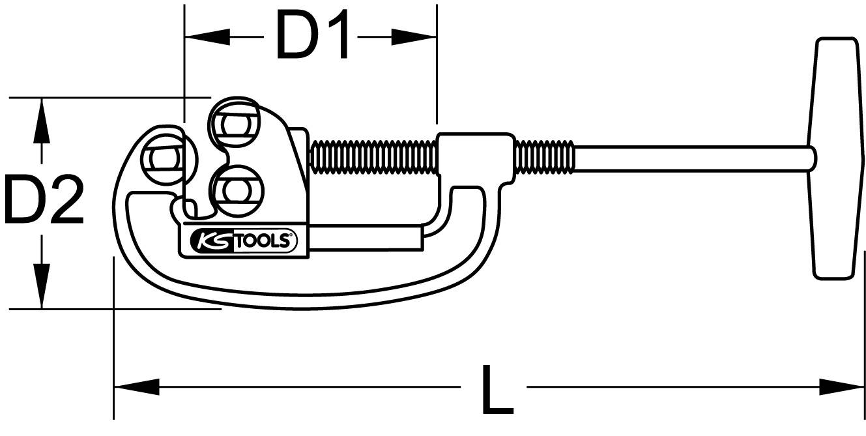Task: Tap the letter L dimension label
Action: point(497,390)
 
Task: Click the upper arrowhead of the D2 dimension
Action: point(42,121)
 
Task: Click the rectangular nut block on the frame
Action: point(474,156)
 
